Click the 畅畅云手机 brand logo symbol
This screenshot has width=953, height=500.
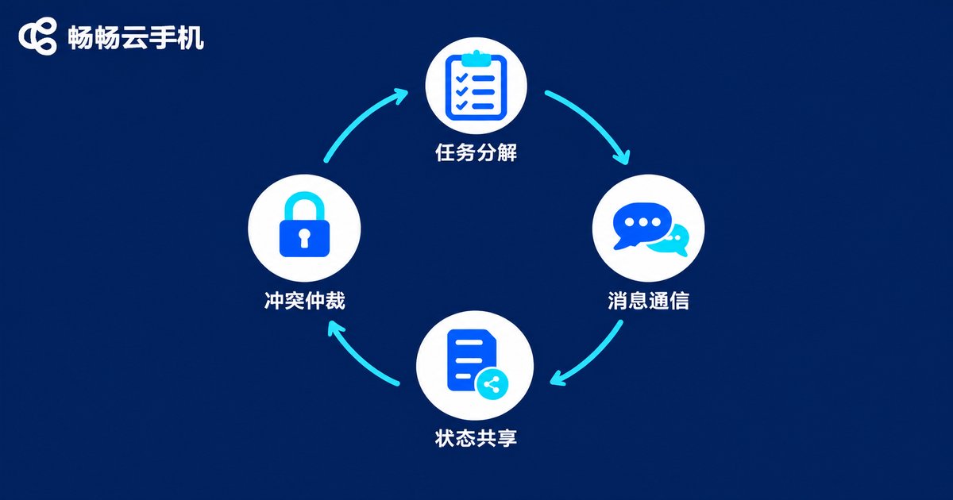point(37,37)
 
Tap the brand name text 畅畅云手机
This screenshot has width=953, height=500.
point(136,37)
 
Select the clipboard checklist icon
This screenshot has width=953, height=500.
point(476,85)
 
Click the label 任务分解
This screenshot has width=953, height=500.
point(476,152)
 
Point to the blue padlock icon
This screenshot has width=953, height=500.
point(304,225)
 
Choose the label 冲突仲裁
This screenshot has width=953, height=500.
point(305,301)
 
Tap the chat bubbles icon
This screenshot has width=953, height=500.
point(650,229)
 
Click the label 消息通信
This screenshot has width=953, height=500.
point(648,301)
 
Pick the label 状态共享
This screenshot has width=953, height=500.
point(476,438)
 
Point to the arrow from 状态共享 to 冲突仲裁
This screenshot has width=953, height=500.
point(357,360)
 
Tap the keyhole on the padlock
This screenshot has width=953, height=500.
point(303,238)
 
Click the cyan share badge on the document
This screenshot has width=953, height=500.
point(492,384)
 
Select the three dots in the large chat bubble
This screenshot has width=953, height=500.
point(642,222)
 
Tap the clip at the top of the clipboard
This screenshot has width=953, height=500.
point(476,58)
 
